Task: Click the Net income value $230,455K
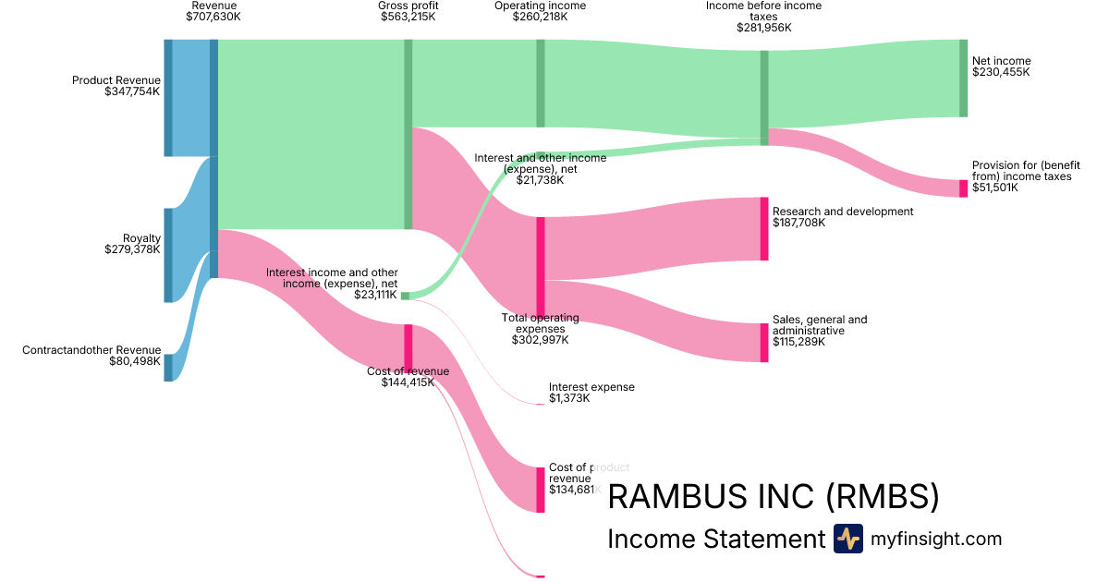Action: click(1001, 72)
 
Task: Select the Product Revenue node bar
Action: click(168, 98)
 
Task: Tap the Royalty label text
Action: click(141, 238)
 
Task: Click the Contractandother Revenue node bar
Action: click(168, 355)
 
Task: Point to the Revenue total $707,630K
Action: click(213, 17)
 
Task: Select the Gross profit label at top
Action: click(408, 6)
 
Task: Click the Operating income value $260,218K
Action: click(540, 17)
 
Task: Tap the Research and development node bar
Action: click(764, 228)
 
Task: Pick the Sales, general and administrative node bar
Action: click(764, 343)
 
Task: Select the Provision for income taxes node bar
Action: click(963, 188)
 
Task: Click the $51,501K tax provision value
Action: click(994, 188)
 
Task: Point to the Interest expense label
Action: click(591, 387)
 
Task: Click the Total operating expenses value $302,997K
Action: click(540, 340)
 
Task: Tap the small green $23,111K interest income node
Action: click(405, 296)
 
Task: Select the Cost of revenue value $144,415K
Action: click(408, 382)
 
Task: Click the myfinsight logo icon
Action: click(847, 539)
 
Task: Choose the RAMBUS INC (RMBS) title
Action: click(773, 498)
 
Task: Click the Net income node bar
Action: click(963, 79)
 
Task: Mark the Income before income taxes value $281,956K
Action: click(764, 28)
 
